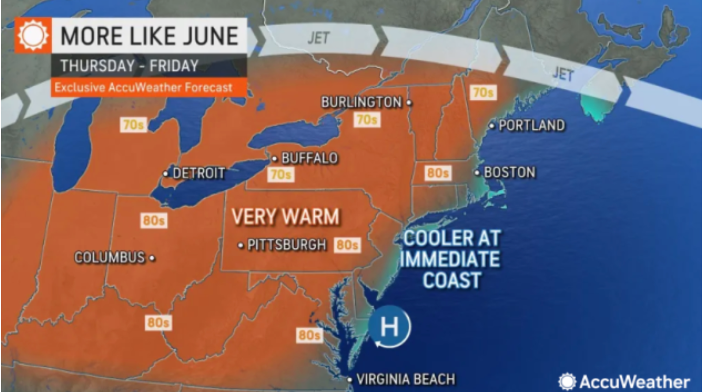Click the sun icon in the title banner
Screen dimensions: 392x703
pyautogui.click(x=33, y=36)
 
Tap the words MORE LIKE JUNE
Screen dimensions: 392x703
pyautogui.click(x=150, y=36)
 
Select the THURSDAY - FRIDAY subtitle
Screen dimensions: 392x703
pyautogui.click(x=130, y=66)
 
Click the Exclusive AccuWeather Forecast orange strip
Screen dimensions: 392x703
pyautogui.click(x=144, y=87)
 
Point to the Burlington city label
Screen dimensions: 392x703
pyautogui.click(x=362, y=102)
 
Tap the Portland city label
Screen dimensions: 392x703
pyautogui.click(x=531, y=125)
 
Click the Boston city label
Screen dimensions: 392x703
pyautogui.click(x=509, y=172)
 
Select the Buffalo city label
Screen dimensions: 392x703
pyautogui.click(x=309, y=159)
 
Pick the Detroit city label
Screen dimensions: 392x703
pyautogui.click(x=199, y=173)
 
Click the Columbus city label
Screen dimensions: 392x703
pyautogui.click(x=110, y=257)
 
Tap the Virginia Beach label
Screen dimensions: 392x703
pyautogui.click(x=406, y=380)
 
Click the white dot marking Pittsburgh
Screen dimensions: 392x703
pyautogui.click(x=241, y=245)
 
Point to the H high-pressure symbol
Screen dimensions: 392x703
pyautogui.click(x=390, y=327)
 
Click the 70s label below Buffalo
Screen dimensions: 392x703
pyautogui.click(x=281, y=175)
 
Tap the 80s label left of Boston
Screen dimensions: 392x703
pyautogui.click(x=437, y=173)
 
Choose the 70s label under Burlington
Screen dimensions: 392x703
pyautogui.click(x=367, y=120)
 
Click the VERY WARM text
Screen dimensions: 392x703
pyautogui.click(x=285, y=216)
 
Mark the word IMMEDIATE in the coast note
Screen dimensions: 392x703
pyautogui.click(x=450, y=259)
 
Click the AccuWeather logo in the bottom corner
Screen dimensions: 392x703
pyautogui.click(x=624, y=381)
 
